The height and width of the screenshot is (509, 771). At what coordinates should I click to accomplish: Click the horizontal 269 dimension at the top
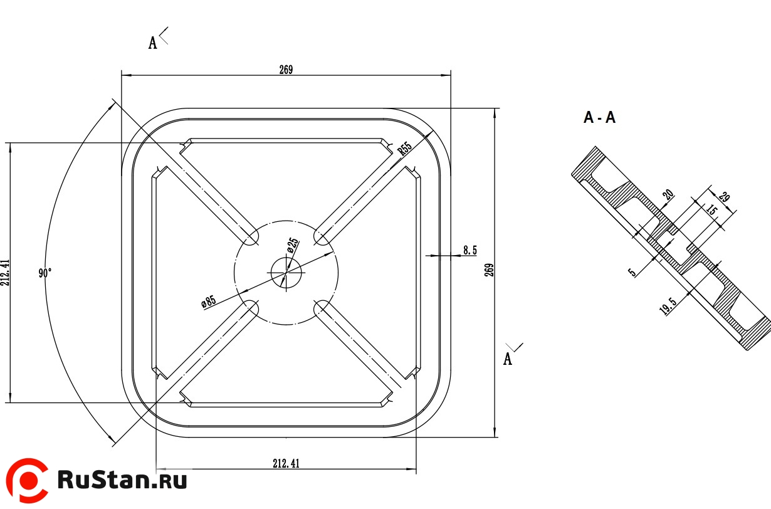[286, 70]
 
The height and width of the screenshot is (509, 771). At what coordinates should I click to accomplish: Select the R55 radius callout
[404, 149]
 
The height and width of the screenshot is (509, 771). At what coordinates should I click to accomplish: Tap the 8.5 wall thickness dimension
[469, 250]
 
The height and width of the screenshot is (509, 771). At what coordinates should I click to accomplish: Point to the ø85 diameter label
[209, 302]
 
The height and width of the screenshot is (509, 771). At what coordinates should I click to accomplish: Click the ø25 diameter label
[293, 245]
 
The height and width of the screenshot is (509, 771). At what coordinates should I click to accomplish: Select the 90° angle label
[45, 273]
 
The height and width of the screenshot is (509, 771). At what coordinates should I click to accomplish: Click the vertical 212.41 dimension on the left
[6, 272]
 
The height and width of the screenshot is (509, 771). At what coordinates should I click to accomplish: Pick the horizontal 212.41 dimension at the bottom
[286, 464]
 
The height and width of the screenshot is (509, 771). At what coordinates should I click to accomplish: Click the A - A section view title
[599, 117]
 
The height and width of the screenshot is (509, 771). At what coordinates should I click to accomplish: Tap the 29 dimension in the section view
[724, 196]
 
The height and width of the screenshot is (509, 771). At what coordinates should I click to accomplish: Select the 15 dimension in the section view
[711, 210]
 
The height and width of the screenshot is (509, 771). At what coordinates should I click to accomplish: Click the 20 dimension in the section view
[669, 195]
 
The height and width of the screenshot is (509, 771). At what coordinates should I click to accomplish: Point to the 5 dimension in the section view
[632, 272]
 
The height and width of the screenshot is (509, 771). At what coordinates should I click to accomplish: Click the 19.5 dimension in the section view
[669, 307]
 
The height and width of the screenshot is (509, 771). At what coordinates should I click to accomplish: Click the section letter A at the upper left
[152, 43]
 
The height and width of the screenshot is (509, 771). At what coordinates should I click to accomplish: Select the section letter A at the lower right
[508, 359]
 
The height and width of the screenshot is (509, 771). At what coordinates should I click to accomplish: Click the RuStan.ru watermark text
[122, 480]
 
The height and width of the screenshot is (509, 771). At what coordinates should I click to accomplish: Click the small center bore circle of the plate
[286, 272]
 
